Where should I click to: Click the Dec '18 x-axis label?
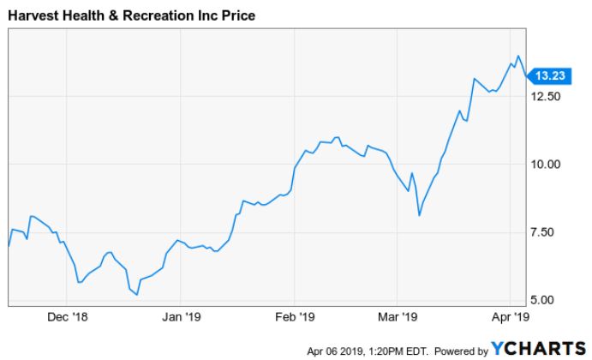tap(69, 317)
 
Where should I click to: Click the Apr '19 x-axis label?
tap(512, 317)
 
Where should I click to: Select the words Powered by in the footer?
tap(462, 350)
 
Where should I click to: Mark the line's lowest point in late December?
tap(137, 295)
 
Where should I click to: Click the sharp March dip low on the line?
tap(419, 215)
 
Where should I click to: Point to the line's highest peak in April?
tap(517, 57)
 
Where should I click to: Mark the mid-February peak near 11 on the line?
tap(337, 137)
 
